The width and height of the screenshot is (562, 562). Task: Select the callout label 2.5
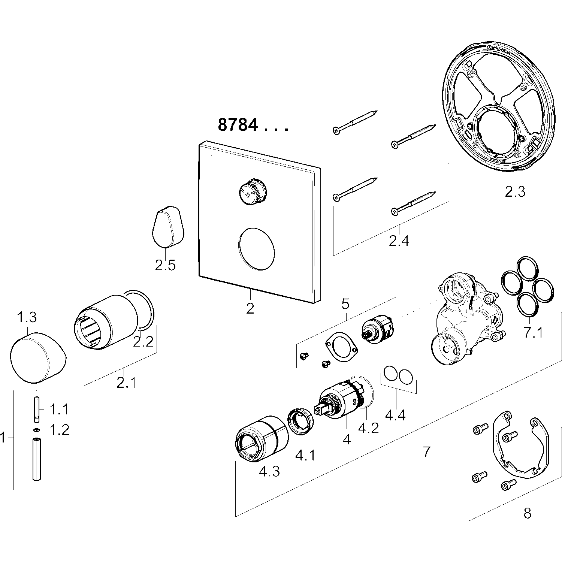click(x=165, y=265)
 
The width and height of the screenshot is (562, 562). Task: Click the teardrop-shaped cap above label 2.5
click(x=169, y=226)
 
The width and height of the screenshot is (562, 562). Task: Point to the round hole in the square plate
click(x=257, y=248)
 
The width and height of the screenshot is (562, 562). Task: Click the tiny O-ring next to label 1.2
click(x=37, y=429)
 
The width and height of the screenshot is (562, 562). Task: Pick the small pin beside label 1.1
click(x=37, y=409)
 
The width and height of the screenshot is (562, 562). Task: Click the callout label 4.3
click(x=269, y=471)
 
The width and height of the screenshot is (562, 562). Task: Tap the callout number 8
click(x=527, y=513)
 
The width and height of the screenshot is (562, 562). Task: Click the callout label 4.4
click(x=395, y=415)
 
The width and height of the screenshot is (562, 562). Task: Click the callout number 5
click(x=345, y=303)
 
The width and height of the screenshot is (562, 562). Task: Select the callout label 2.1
click(x=126, y=383)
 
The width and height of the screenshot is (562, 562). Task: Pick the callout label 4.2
click(x=368, y=428)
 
